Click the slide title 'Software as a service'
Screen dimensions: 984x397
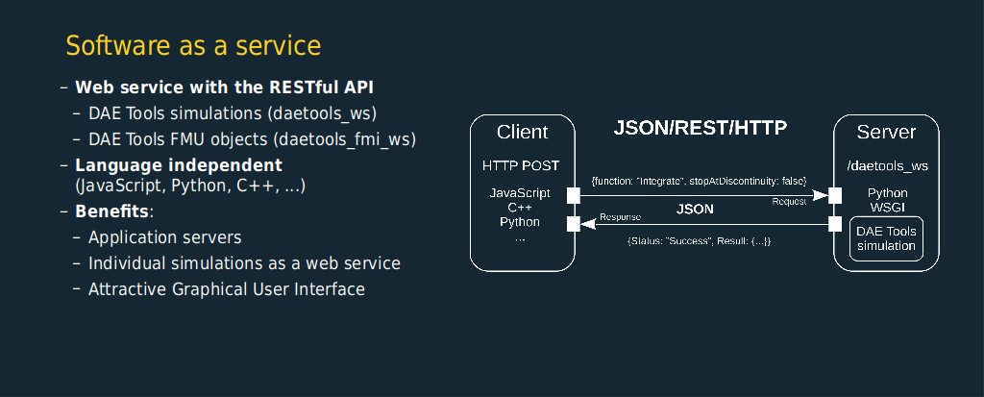[193, 46]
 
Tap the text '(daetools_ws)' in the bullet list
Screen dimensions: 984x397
[322, 113]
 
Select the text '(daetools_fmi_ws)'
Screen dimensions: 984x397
[345, 139]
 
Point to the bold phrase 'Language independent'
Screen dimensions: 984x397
[179, 166]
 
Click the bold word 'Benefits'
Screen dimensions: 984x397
[112, 211]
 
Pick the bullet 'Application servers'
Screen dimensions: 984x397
[165, 237]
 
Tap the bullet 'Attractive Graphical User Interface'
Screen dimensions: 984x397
[227, 289]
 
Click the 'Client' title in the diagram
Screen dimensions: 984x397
[522, 132]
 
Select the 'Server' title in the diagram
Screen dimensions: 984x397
[886, 132]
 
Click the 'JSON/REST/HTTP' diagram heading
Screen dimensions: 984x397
[700, 128]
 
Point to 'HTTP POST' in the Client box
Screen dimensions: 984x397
[521, 166]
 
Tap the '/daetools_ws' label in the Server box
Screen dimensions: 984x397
[887, 166]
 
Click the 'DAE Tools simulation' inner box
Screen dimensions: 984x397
[886, 238]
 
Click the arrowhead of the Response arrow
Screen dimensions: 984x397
[587, 224]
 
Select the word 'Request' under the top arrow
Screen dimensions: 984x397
[789, 202]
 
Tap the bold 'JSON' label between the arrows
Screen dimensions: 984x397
[695, 210]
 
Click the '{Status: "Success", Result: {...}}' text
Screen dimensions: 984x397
[700, 241]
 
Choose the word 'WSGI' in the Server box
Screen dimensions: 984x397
[887, 207]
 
